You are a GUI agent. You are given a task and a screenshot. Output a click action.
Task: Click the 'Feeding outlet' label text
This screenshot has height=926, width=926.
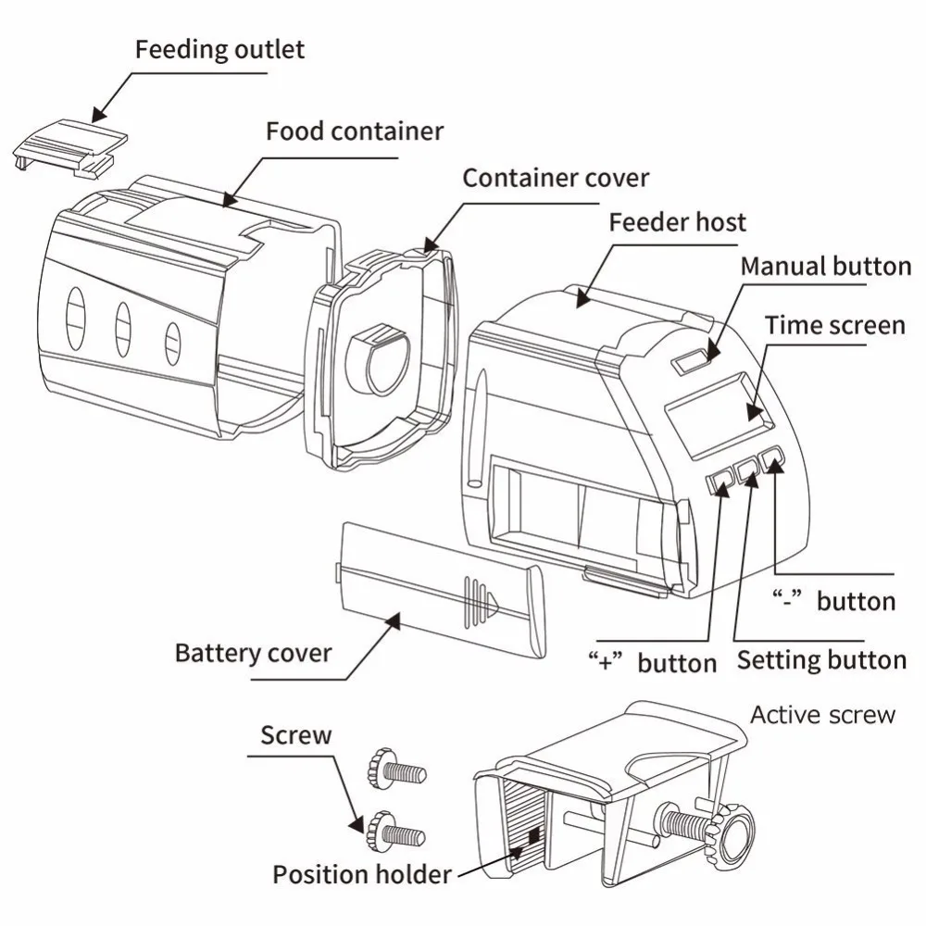(x=219, y=50)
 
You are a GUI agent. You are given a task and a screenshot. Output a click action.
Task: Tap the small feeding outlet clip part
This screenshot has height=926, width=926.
(x=70, y=147)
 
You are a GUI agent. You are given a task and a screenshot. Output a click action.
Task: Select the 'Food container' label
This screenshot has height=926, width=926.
(x=355, y=131)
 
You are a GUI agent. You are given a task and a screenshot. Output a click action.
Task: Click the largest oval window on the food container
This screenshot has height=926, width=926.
(x=76, y=317)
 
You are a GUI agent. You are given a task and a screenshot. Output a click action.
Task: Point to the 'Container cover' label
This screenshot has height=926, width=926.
(x=556, y=178)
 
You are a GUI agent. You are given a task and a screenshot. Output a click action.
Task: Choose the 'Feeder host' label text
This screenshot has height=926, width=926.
(x=678, y=222)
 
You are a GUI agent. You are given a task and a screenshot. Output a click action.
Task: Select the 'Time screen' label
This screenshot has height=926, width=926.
(x=835, y=325)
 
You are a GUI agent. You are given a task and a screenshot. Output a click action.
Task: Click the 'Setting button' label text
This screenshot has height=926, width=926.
(x=821, y=660)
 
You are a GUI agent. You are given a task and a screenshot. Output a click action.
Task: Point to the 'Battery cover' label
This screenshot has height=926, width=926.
(x=253, y=653)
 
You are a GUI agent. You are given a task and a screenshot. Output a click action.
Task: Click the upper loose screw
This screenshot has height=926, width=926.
(x=395, y=769)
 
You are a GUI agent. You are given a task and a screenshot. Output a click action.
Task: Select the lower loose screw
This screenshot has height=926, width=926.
(x=395, y=832)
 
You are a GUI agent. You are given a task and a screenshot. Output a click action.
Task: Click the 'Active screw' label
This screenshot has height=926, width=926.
(x=822, y=715)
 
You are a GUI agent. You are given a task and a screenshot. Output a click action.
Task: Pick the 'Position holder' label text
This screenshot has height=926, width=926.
(x=362, y=875)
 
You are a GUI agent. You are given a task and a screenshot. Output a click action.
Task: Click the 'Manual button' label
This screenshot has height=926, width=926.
(x=826, y=267)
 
